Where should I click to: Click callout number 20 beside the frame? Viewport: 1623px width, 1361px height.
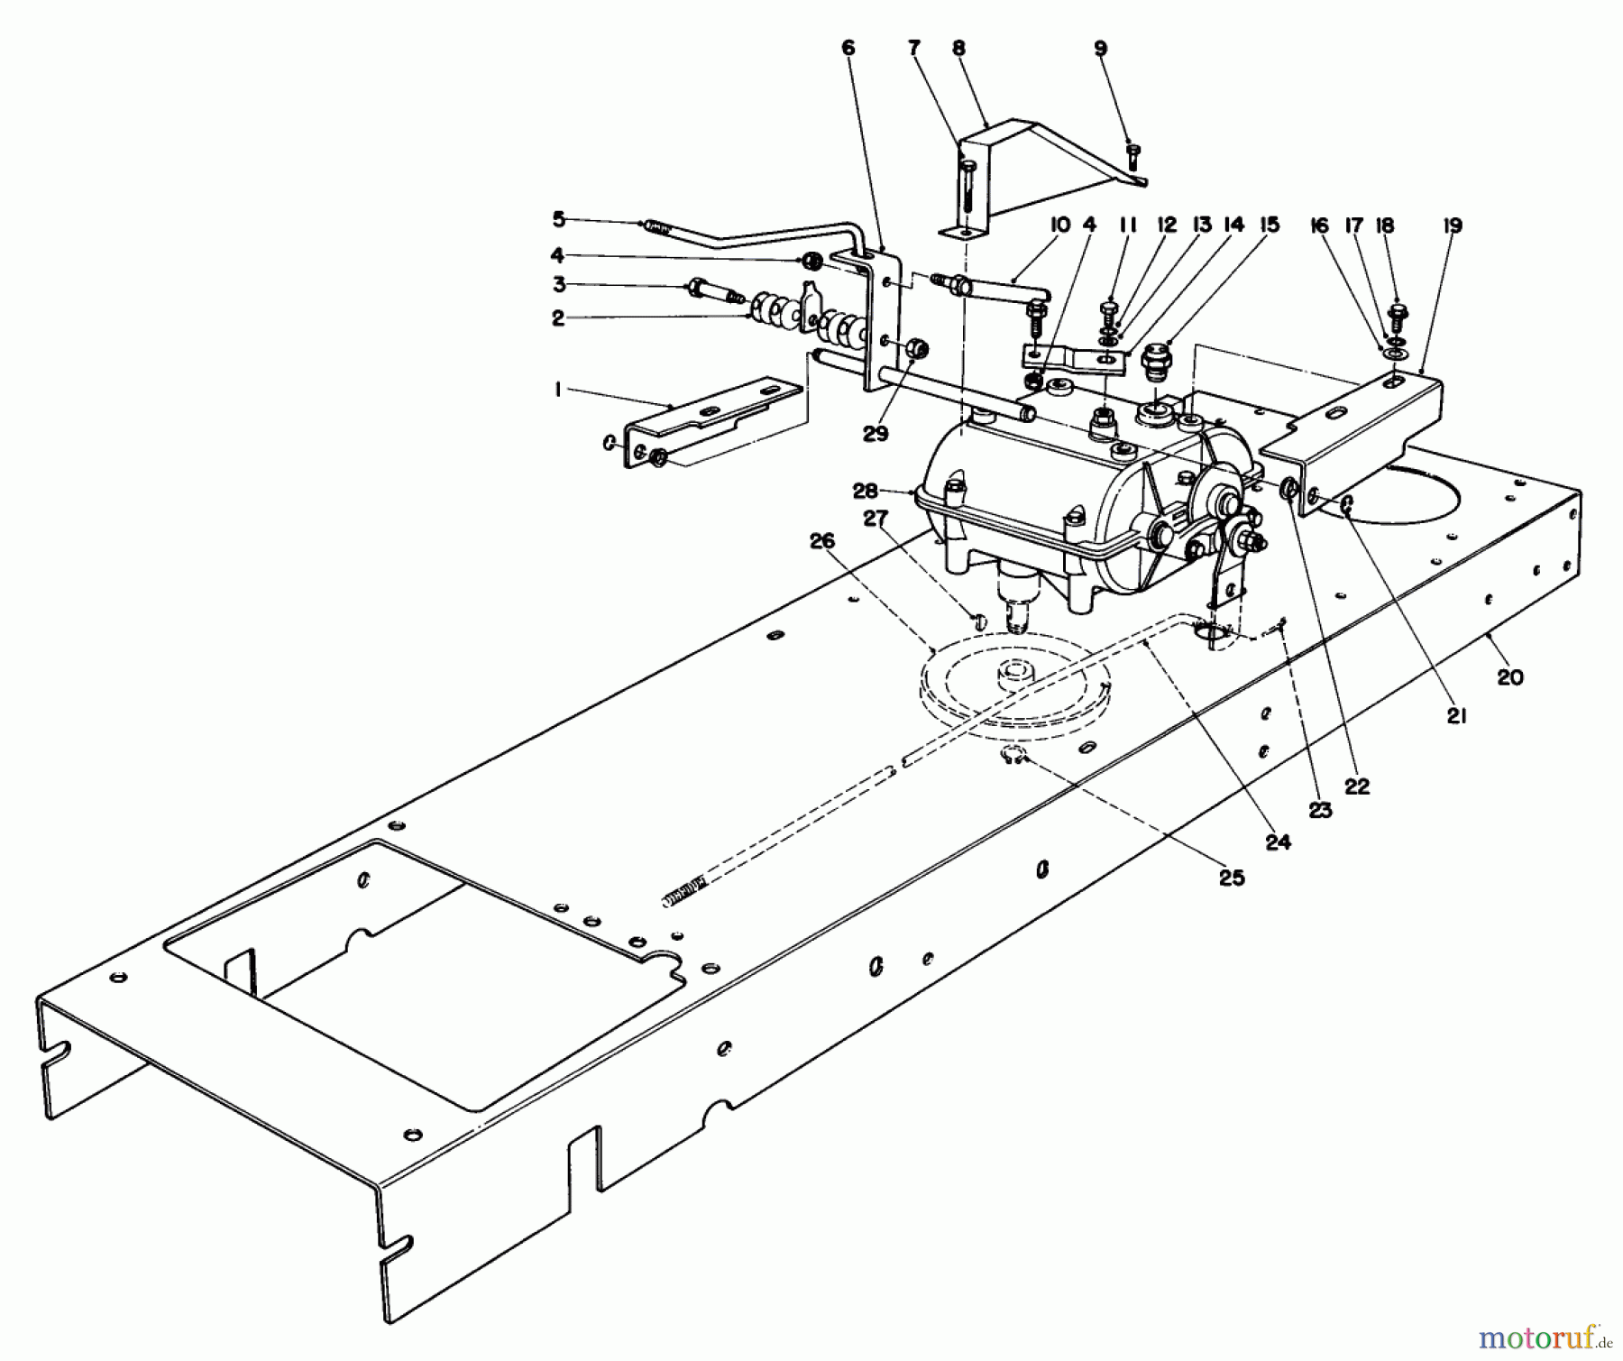(x=1510, y=676)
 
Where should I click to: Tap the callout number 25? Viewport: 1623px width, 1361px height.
(x=1232, y=878)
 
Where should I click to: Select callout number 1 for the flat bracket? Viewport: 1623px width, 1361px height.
(x=558, y=390)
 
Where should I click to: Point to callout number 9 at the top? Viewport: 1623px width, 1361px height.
(x=1101, y=49)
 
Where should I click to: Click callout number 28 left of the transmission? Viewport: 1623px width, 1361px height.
(x=866, y=491)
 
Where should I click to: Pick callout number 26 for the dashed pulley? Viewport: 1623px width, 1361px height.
(x=822, y=541)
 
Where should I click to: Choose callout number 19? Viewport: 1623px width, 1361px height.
(x=1452, y=225)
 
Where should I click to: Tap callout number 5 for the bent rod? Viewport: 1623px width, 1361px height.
(x=559, y=218)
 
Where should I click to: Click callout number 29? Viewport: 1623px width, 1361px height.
(x=876, y=434)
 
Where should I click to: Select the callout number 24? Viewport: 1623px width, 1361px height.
(x=1279, y=842)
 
